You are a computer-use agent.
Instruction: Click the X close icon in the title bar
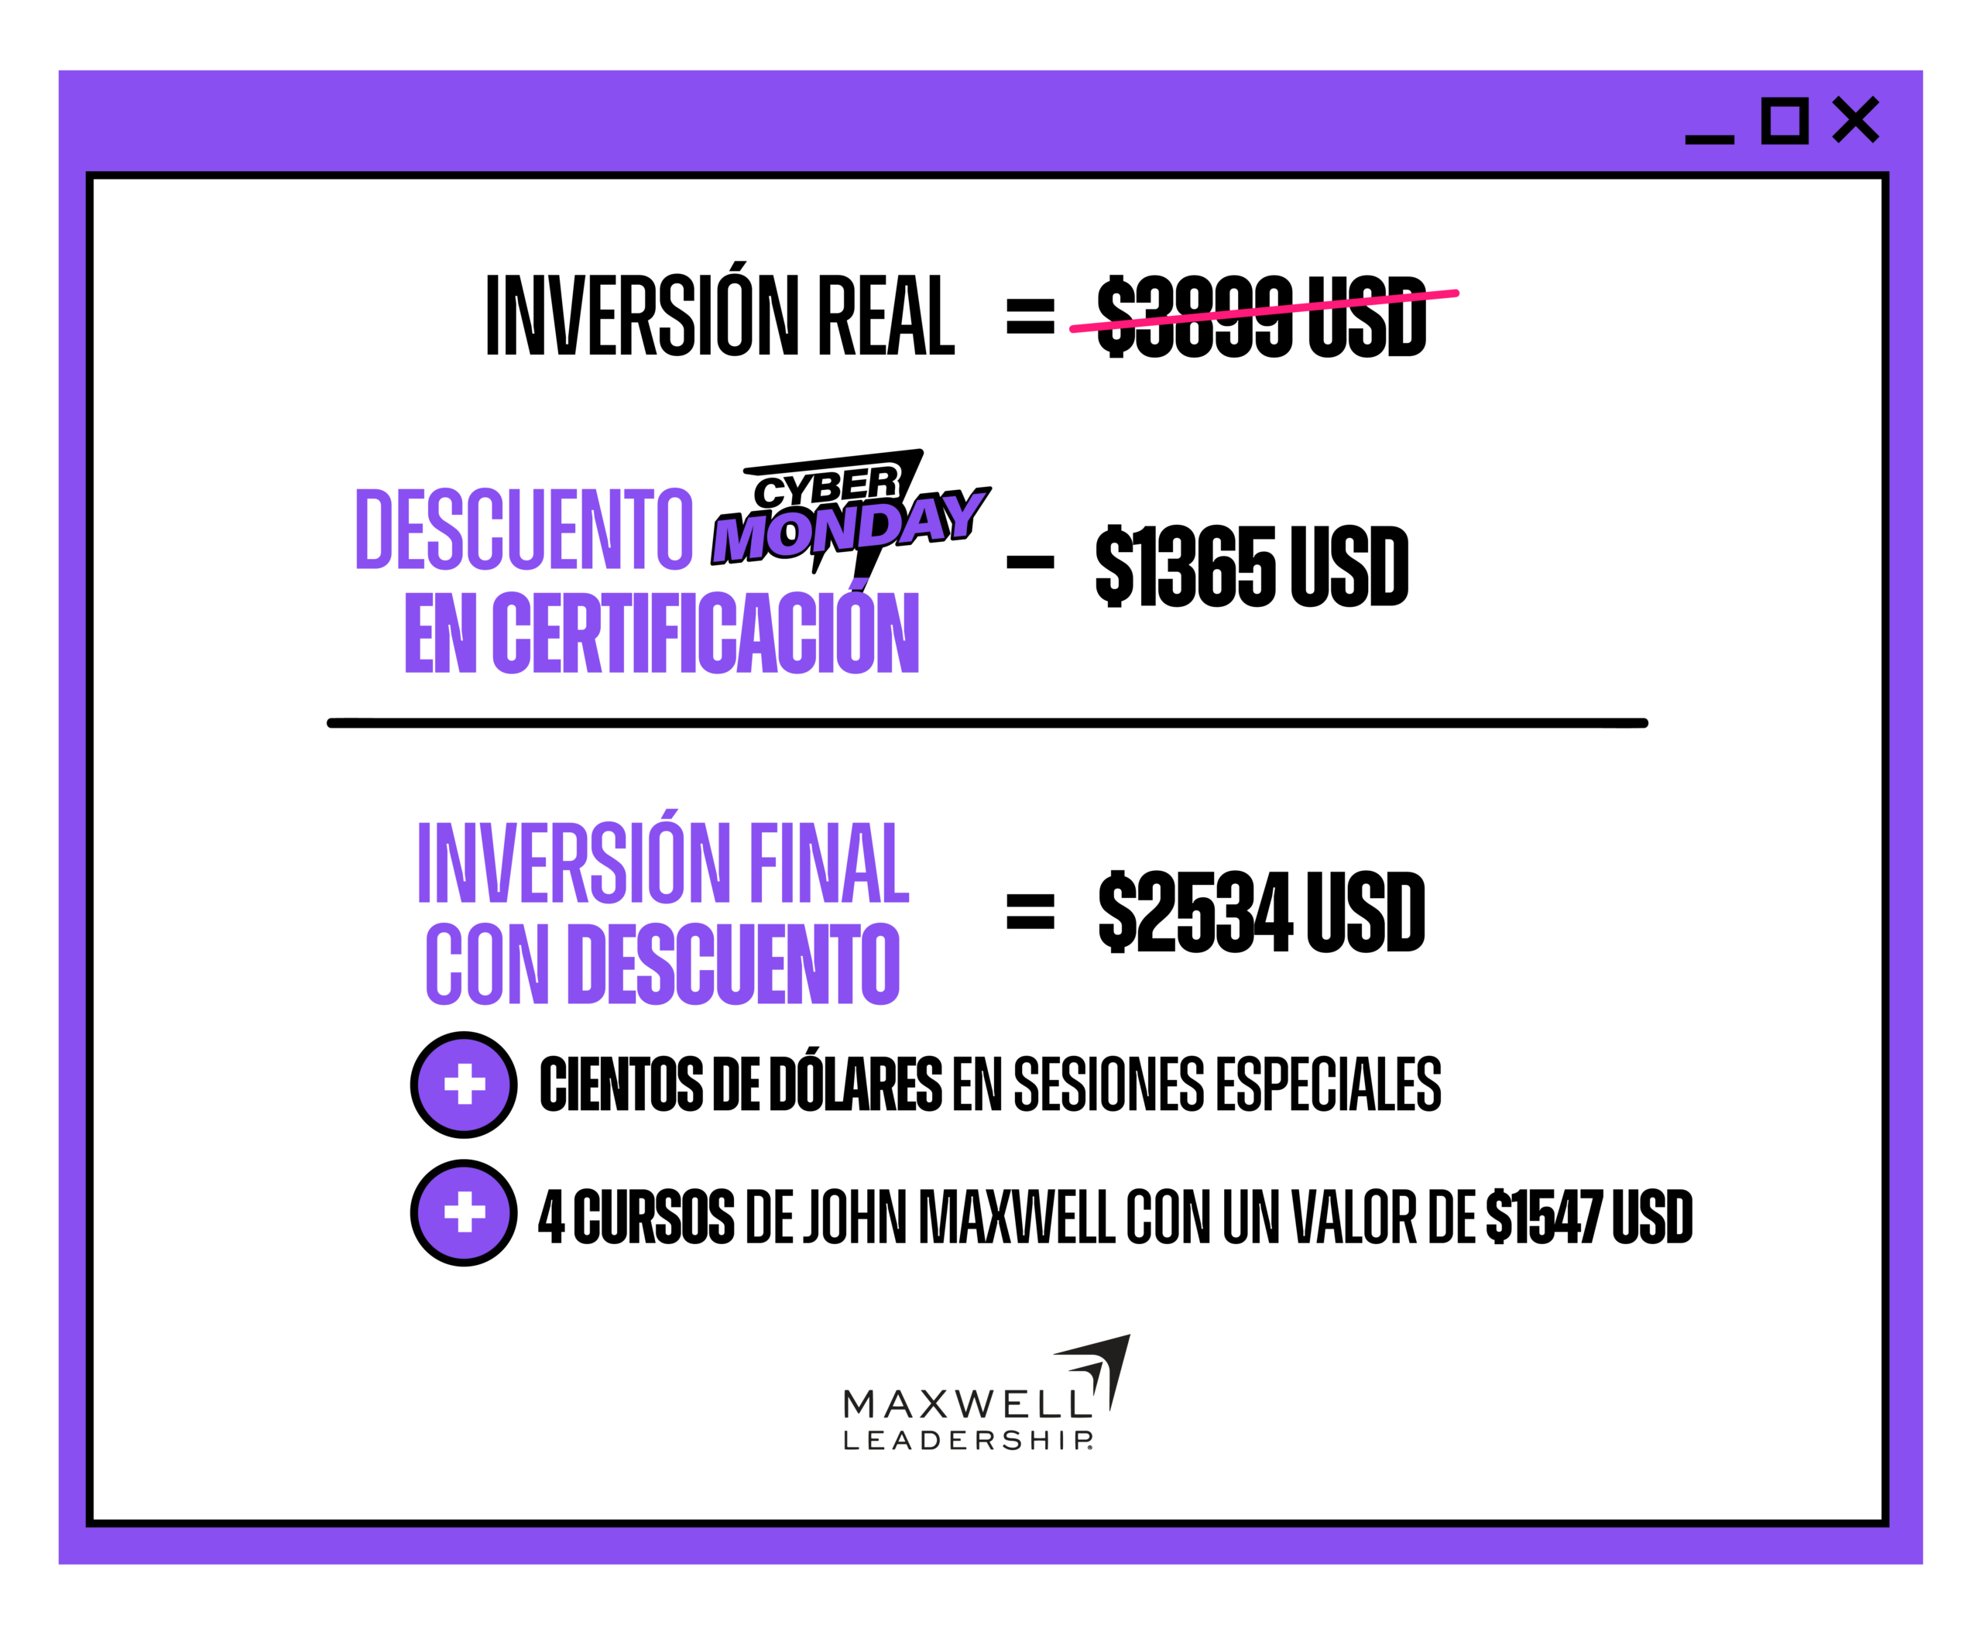pyautogui.click(x=1855, y=120)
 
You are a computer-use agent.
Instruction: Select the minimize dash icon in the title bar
pyautogui.click(x=1709, y=139)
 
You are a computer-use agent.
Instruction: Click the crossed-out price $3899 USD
pyautogui.click(x=1262, y=316)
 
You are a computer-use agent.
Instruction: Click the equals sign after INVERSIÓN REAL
pyautogui.click(x=1030, y=316)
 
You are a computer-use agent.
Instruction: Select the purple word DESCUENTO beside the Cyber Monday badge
pyautogui.click(x=524, y=530)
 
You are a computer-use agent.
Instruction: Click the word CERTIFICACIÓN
pyautogui.click(x=705, y=631)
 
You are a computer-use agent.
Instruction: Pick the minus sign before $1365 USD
pyautogui.click(x=1030, y=562)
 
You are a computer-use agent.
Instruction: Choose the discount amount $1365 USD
pyautogui.click(x=1252, y=566)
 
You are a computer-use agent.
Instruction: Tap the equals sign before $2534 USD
pyautogui.click(x=1030, y=910)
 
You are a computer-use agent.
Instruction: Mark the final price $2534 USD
pyautogui.click(x=1261, y=912)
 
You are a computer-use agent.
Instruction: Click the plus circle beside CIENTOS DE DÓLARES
pyautogui.click(x=464, y=1085)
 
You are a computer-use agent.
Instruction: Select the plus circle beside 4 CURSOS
pyautogui.click(x=464, y=1213)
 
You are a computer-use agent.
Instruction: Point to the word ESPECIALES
pyautogui.click(x=1329, y=1084)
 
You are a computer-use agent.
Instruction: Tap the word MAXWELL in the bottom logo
pyautogui.click(x=968, y=1405)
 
